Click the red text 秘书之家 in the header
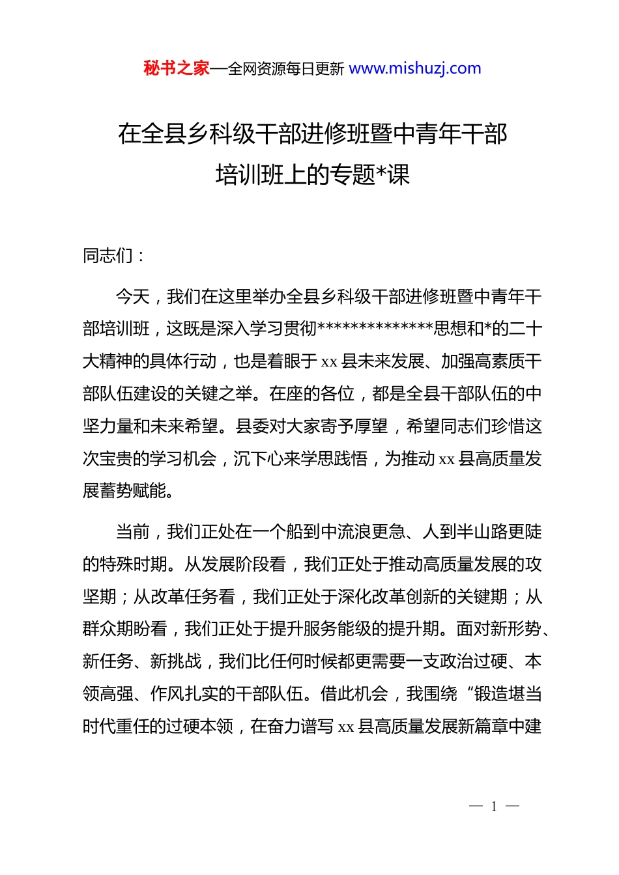177,68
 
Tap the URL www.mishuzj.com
415,68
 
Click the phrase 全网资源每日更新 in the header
286,69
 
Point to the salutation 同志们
108,255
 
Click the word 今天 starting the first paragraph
133,297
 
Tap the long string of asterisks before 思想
375,329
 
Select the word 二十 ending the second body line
526,329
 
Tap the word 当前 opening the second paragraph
133,532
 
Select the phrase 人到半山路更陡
482,532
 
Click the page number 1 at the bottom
494,807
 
